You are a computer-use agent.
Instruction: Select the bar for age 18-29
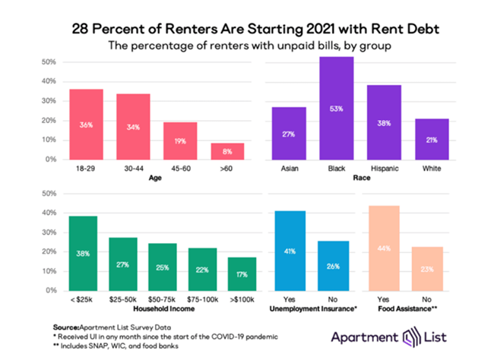(x=87, y=125)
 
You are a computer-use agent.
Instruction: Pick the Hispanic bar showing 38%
(x=384, y=122)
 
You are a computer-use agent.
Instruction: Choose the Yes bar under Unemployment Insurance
(x=289, y=251)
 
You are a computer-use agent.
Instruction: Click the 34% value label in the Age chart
(x=132, y=128)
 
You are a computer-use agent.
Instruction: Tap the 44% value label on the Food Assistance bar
(x=383, y=248)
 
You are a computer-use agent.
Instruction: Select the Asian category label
(x=290, y=169)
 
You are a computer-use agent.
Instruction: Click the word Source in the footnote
(x=66, y=324)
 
